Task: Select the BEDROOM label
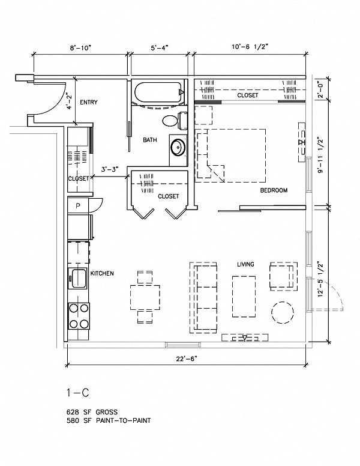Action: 274,190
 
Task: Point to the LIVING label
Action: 246,264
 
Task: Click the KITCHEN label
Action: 101,273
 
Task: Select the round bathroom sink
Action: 178,147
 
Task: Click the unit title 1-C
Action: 77,392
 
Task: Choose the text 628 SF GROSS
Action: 93,413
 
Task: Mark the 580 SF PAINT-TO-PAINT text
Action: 108,421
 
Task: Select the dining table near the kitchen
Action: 145,296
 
